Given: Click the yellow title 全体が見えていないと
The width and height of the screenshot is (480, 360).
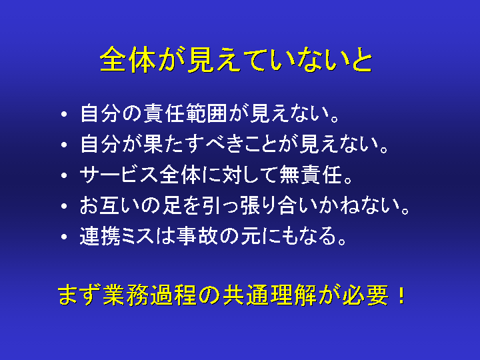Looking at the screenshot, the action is [236, 60].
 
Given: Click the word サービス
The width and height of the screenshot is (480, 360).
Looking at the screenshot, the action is [119, 175].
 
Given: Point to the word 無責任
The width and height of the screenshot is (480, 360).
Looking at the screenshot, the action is [311, 175].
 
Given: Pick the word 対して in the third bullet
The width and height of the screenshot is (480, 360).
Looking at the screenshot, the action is [250, 175].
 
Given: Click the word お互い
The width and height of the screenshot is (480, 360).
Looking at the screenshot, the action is [109, 205].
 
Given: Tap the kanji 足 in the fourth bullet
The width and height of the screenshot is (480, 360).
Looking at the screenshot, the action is [172, 205].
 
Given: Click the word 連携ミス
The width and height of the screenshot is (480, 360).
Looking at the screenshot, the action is [116, 236].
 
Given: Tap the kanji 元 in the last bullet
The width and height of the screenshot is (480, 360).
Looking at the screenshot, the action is [251, 236].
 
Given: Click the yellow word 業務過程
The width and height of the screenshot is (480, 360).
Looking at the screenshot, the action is [149, 295].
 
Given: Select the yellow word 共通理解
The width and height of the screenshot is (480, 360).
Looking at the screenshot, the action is [269, 295].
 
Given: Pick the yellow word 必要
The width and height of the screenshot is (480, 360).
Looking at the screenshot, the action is [365, 295].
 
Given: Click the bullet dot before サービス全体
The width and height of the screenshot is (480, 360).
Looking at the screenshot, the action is [64, 175].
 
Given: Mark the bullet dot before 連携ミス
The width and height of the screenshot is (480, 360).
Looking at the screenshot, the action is [64, 237].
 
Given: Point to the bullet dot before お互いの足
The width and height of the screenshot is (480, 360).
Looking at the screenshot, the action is [64, 206].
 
